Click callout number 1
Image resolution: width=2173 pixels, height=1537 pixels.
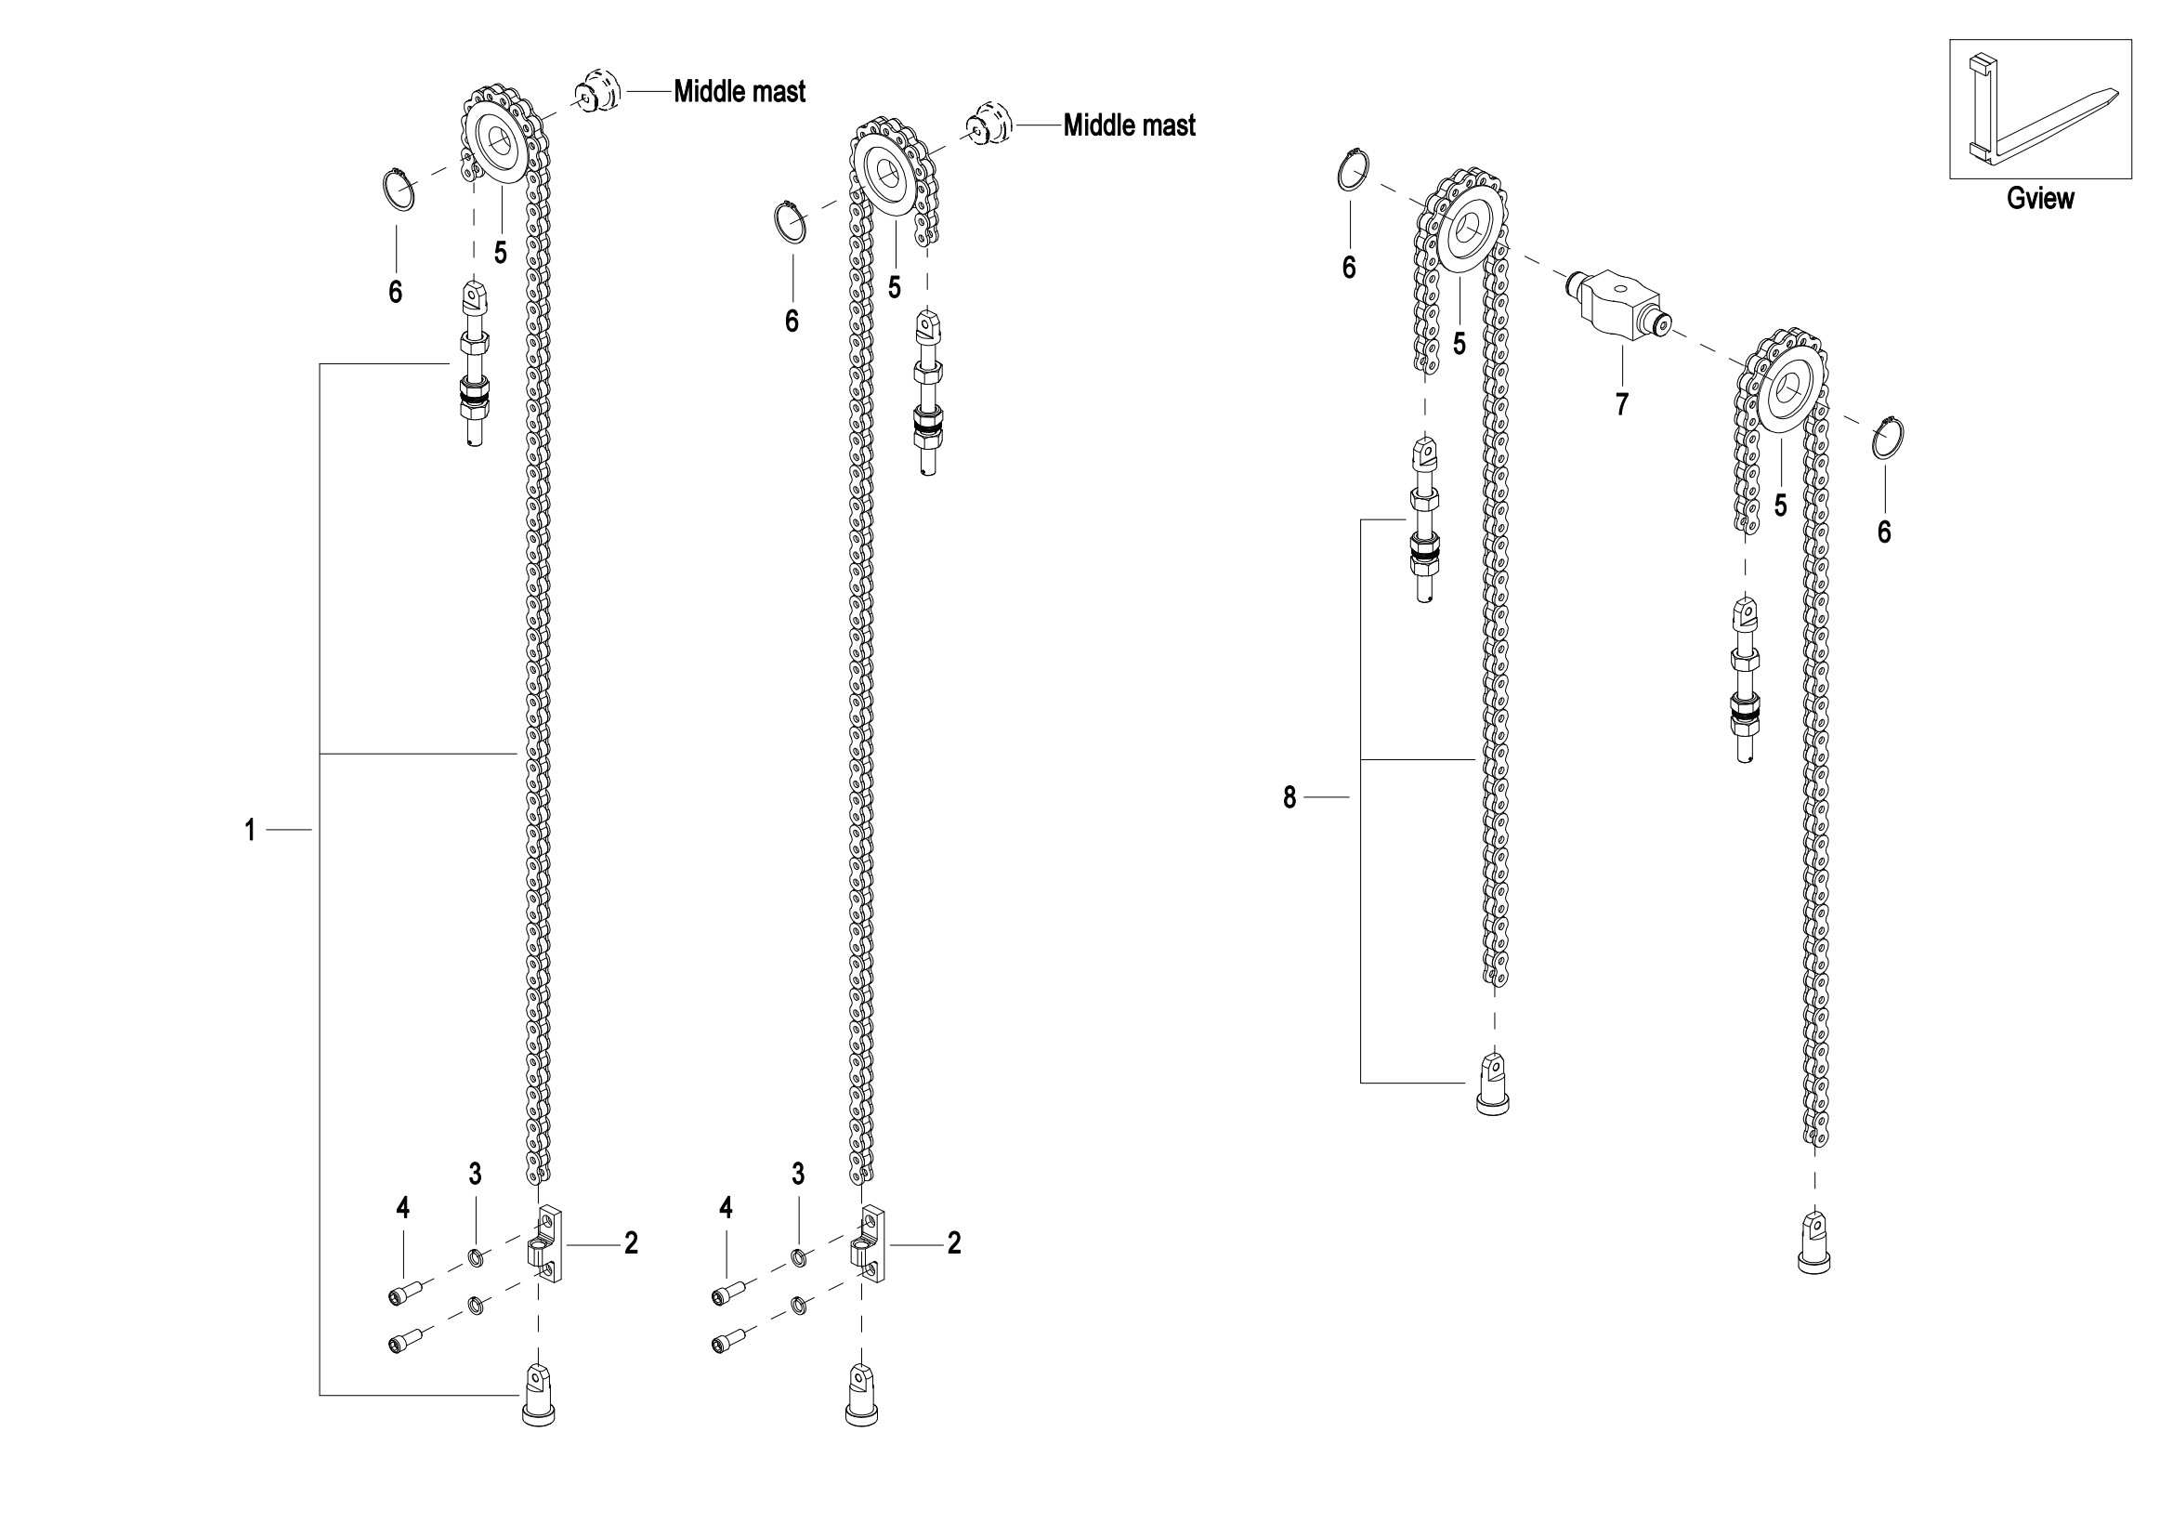[250, 830]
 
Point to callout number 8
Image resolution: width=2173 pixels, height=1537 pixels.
[1289, 798]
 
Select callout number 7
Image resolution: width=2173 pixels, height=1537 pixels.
[1622, 404]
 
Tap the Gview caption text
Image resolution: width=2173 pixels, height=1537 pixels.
[2040, 198]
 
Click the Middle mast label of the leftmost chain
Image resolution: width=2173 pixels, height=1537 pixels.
[740, 91]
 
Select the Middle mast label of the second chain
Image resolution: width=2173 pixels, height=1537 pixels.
[1129, 124]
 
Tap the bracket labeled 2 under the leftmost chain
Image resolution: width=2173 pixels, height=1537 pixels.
[544, 1243]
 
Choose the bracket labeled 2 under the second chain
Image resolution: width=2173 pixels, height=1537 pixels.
[868, 1243]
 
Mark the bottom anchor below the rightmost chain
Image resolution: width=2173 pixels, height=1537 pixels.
[1814, 1241]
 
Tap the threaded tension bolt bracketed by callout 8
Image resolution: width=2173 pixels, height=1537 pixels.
[1425, 519]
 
